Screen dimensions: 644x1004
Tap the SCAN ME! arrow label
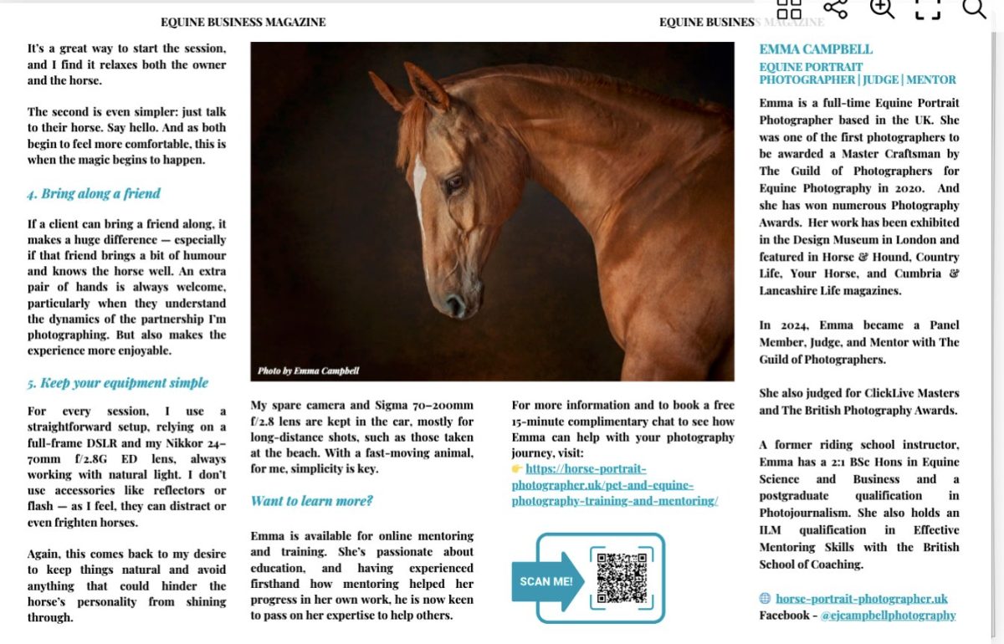tap(546, 580)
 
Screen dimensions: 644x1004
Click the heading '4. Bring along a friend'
tap(93, 193)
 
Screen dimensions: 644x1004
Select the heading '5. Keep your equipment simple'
tap(117, 383)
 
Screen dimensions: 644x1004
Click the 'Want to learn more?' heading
tap(311, 501)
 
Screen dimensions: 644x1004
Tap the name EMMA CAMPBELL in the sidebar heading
tap(815, 49)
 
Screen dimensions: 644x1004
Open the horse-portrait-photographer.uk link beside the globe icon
tap(862, 599)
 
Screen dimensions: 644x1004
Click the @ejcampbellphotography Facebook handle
tap(888, 616)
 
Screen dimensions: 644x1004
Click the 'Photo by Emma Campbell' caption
tap(308, 371)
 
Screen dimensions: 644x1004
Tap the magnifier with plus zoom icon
tap(882, 8)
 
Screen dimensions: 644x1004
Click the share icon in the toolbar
tap(835, 8)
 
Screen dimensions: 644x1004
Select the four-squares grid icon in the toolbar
tap(789, 9)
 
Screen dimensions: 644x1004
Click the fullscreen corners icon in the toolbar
tap(928, 8)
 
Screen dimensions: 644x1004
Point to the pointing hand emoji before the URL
tap(517, 469)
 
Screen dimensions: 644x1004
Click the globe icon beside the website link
tap(765, 599)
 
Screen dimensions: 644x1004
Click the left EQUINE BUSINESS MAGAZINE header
tap(243, 23)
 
